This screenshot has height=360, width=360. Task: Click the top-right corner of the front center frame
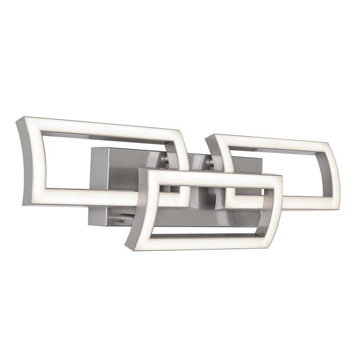280,177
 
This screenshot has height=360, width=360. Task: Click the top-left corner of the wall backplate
91,147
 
